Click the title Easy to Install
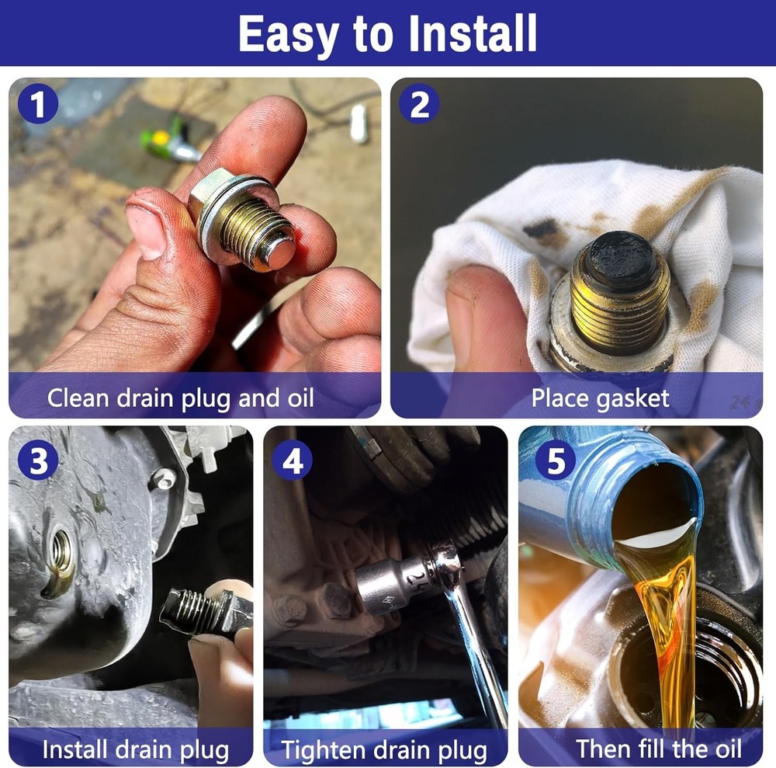(387, 33)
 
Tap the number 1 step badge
(37, 105)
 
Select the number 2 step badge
(419, 105)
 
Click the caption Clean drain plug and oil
(181, 398)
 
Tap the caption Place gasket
(599, 398)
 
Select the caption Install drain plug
(135, 750)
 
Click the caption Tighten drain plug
(384, 750)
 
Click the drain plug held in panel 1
(244, 221)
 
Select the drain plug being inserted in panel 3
(203, 611)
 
